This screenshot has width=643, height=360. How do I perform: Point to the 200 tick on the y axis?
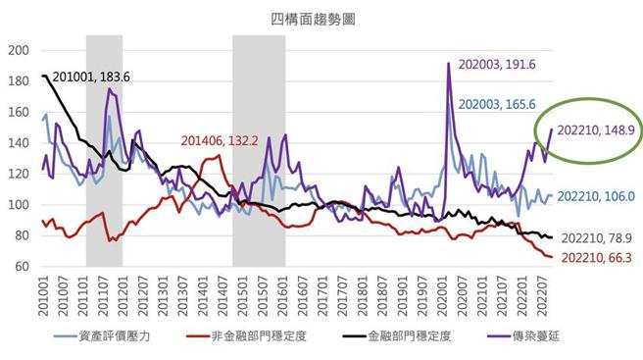pos(20,51)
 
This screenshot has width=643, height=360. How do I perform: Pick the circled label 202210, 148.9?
pos(597,129)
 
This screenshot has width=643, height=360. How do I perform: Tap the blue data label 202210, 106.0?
pos(598,196)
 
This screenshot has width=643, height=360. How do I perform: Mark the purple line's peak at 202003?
pos(448,64)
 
